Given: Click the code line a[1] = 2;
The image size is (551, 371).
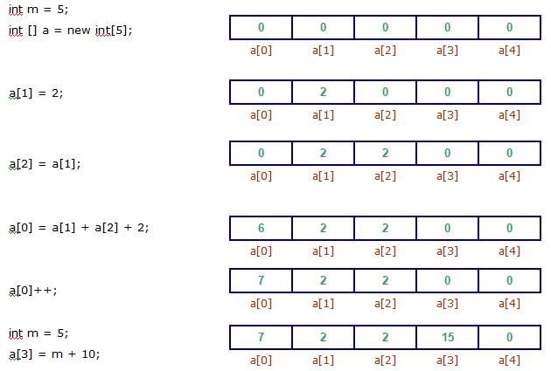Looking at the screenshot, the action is click(x=36, y=93).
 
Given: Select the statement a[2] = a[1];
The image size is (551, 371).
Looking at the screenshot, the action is click(x=45, y=163).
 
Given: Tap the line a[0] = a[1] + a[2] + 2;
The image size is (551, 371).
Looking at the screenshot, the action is click(x=79, y=228).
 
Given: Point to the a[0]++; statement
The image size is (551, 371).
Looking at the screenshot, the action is click(x=33, y=290).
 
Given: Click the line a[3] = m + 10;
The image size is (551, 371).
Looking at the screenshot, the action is click(x=54, y=354).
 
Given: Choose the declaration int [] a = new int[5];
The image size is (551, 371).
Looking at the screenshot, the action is click(x=70, y=30).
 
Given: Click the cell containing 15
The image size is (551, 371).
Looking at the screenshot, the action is click(x=447, y=338).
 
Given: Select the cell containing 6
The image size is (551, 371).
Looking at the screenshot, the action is click(x=262, y=229).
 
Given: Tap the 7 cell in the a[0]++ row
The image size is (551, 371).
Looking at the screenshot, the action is click(x=262, y=281).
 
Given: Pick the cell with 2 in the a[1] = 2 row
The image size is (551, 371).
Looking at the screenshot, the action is click(x=324, y=92).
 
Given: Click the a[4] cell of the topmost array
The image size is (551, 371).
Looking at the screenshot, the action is click(x=509, y=28).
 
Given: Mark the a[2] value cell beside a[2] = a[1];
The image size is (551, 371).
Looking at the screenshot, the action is click(x=385, y=154).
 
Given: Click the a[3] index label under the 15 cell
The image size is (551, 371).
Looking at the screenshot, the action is click(x=447, y=360).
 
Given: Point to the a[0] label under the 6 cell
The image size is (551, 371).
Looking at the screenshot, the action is click(x=262, y=251).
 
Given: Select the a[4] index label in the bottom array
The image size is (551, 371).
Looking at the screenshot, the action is click(x=509, y=360).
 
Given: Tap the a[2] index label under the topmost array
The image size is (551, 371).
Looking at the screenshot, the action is click(x=385, y=50).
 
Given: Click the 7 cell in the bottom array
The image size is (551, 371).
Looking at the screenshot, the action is click(x=262, y=338).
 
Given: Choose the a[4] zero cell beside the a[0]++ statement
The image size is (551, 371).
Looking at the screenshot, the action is click(x=509, y=281).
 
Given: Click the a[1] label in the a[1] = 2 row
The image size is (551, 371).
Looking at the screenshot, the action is click(x=324, y=114).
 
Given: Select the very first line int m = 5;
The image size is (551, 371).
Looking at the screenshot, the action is click(x=38, y=9).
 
